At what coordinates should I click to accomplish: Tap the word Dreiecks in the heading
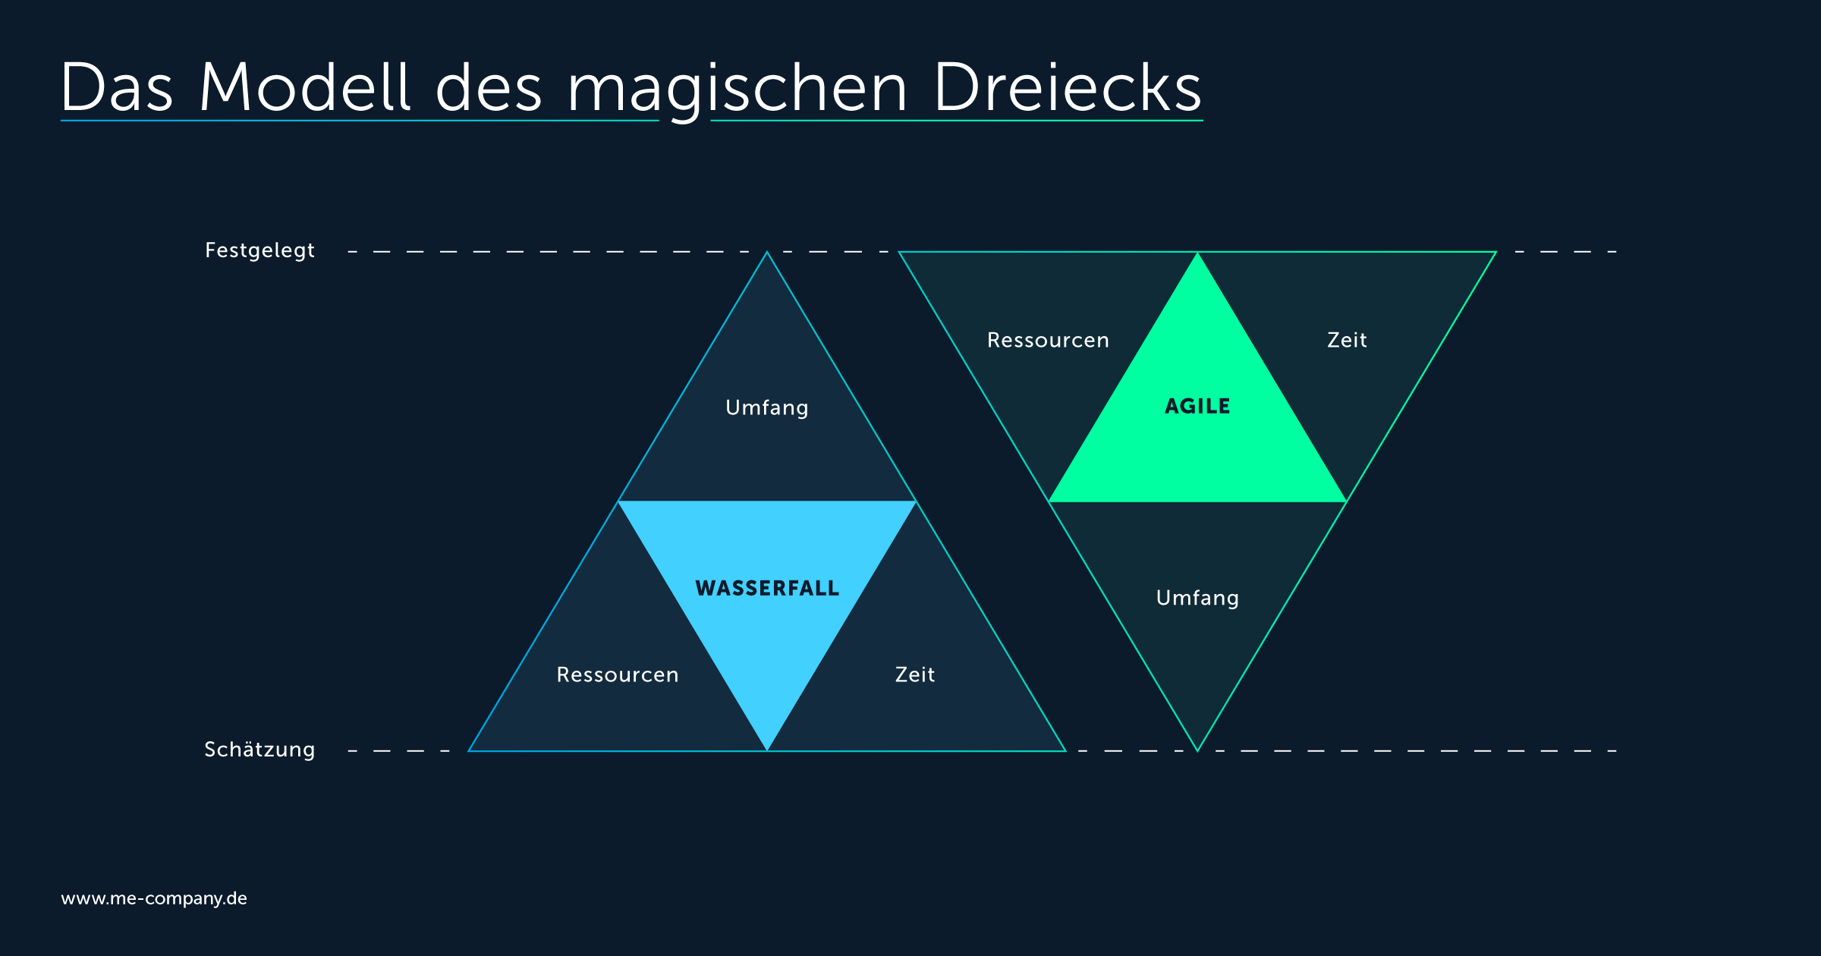point(1068,87)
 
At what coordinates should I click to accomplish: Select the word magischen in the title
point(738,91)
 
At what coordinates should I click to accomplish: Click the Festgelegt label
point(259,250)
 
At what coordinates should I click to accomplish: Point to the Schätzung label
point(259,750)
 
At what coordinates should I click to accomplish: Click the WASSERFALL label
point(767,588)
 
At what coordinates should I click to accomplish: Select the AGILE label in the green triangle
point(1197,406)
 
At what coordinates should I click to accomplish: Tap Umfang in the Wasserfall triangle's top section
point(767,407)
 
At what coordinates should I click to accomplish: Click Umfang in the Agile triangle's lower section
point(1197,598)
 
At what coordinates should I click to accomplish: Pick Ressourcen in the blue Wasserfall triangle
point(618,675)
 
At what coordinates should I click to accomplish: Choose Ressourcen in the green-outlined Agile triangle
point(1048,340)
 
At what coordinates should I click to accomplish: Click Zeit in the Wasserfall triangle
point(915,675)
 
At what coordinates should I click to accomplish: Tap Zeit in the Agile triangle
point(1347,340)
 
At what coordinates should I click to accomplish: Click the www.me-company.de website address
point(154,898)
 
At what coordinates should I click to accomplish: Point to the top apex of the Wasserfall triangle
point(767,252)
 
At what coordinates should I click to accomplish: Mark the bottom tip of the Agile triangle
point(1197,750)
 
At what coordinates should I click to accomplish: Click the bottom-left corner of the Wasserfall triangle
point(469,750)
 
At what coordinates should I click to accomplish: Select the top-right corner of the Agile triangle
point(1495,252)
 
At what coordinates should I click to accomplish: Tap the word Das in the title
point(118,87)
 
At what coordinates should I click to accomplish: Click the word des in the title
point(489,87)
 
